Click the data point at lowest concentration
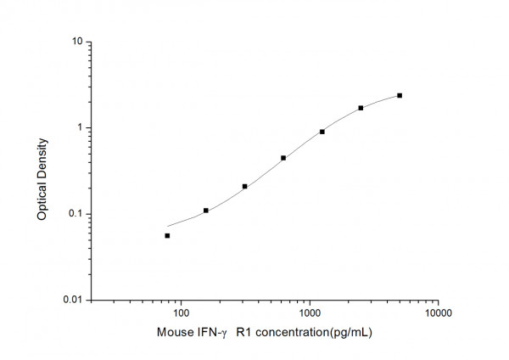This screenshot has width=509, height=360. coord(167,235)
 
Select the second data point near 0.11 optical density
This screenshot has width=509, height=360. coord(206,210)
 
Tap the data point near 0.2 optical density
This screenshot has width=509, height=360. coord(244,186)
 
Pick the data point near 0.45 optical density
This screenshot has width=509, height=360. coord(283,157)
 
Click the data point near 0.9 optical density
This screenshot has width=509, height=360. coord(322,132)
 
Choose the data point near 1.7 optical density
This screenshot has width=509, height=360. coord(361,108)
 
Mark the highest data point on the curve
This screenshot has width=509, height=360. coord(400,95)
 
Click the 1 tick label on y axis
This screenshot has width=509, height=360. coord(80,127)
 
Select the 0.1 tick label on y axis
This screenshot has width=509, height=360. coord(76,214)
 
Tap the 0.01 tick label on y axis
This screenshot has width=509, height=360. coord(73,300)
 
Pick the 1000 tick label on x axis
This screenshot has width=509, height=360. coord(310,313)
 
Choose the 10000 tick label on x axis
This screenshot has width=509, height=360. coord(438,313)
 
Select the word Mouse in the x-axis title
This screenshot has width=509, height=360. coord(174,333)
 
